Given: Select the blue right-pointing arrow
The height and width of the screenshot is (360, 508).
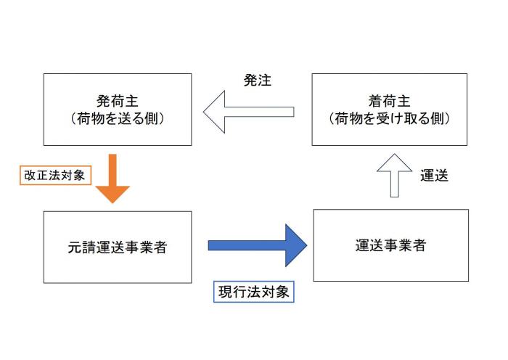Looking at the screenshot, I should click(x=258, y=245).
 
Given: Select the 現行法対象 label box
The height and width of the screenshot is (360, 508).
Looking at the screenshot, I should click(x=254, y=292).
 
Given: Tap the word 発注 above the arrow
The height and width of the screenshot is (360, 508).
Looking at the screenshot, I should click(x=257, y=81).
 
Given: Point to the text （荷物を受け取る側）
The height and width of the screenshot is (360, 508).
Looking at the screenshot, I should click(x=389, y=118).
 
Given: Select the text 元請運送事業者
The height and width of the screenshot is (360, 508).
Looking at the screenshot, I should click(x=117, y=247).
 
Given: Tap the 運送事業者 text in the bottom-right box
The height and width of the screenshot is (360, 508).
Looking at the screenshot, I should click(x=390, y=245).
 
